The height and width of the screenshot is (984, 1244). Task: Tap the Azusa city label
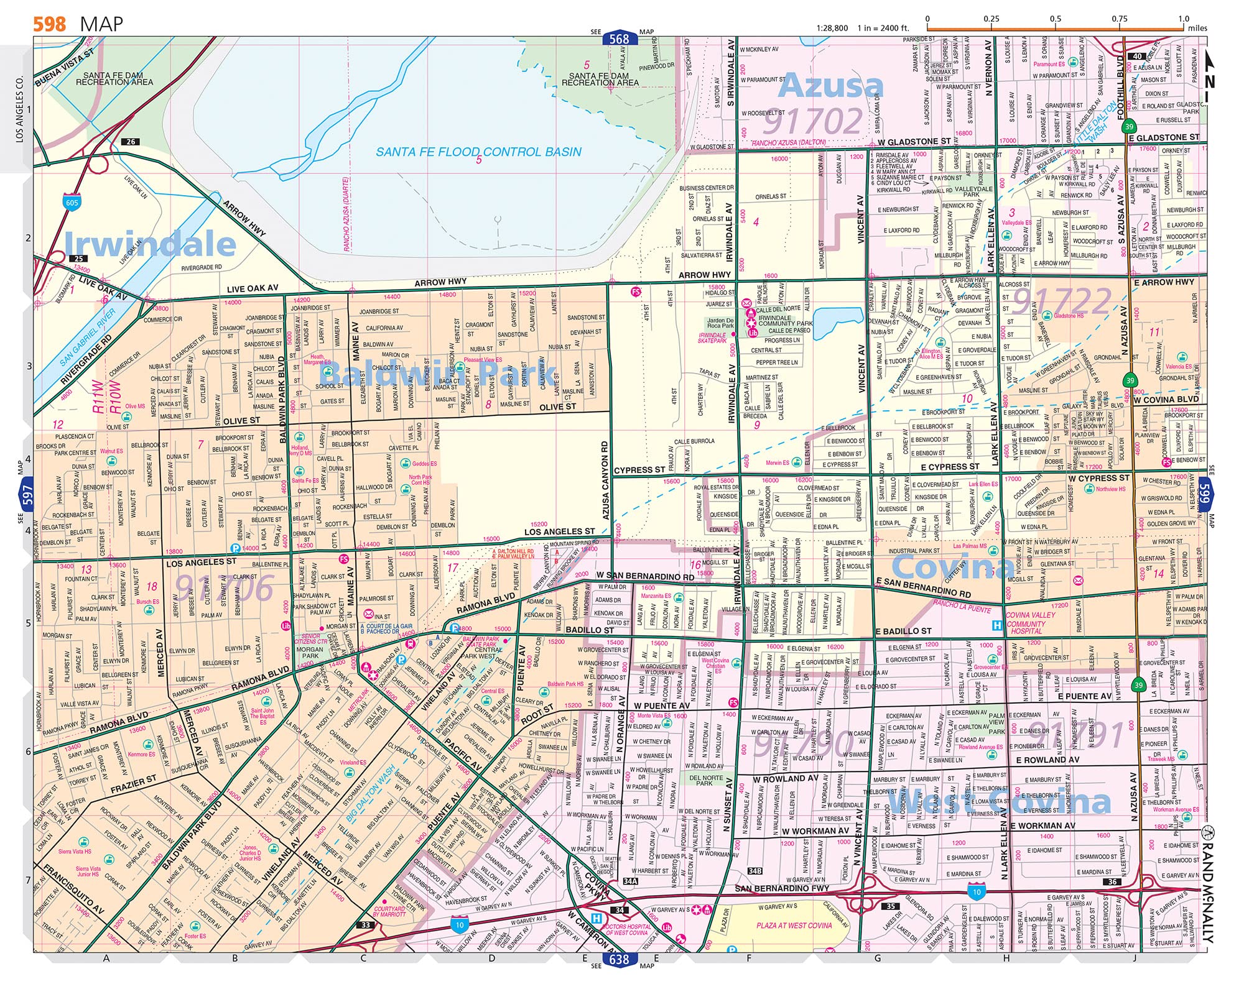pyautogui.click(x=830, y=85)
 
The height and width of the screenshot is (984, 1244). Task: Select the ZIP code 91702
pyautogui.click(x=812, y=121)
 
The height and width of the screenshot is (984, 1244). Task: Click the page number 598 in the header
pyautogui.click(x=49, y=24)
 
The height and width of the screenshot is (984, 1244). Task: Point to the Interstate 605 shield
pyautogui.click(x=72, y=201)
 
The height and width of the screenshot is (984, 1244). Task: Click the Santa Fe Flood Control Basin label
pyautogui.click(x=478, y=152)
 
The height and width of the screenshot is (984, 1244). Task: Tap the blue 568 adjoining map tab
pyautogui.click(x=619, y=39)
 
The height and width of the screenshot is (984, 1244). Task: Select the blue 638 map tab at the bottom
pyautogui.click(x=619, y=959)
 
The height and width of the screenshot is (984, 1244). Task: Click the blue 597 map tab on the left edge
pyautogui.click(x=27, y=495)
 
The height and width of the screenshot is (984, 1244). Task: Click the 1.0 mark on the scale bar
pyautogui.click(x=1183, y=19)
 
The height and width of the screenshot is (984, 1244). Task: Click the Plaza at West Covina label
pyautogui.click(x=794, y=925)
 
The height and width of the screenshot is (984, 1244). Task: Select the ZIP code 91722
pyautogui.click(x=1061, y=301)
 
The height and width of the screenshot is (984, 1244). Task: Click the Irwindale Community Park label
pyautogui.click(x=785, y=321)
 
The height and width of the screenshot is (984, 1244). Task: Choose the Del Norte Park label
pyautogui.click(x=706, y=780)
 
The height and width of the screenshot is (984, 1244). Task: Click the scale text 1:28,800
pyautogui.click(x=832, y=28)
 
